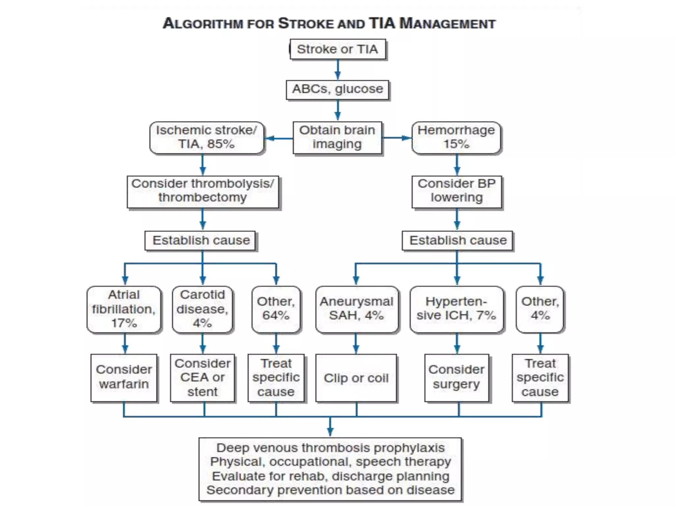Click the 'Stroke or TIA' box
(x=337, y=49)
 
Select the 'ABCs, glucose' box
(x=337, y=89)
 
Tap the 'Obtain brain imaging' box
(x=337, y=137)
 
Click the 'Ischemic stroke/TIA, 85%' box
(x=206, y=137)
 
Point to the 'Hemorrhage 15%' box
(x=456, y=137)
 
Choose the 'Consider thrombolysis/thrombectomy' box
(x=203, y=191)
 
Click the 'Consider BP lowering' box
(x=456, y=191)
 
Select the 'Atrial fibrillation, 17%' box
(x=124, y=309)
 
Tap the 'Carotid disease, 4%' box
(x=202, y=309)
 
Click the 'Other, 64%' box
(x=276, y=309)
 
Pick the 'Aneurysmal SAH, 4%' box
(x=357, y=309)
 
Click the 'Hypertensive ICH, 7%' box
(x=456, y=309)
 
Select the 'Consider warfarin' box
(x=124, y=377)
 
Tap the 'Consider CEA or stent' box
(x=202, y=377)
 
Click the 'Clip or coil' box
(x=356, y=378)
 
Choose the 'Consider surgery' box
(x=456, y=377)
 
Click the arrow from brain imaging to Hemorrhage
(x=397, y=138)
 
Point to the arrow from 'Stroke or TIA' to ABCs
(x=337, y=70)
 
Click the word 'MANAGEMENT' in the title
(x=447, y=24)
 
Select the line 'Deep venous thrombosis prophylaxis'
(x=331, y=448)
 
